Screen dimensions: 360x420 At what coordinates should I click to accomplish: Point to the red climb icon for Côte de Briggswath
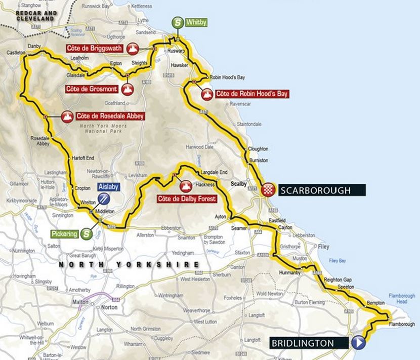pos(133,49)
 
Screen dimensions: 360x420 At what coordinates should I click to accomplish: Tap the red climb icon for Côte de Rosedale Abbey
pos(66,116)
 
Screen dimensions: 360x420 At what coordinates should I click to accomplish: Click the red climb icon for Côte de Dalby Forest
pos(186,186)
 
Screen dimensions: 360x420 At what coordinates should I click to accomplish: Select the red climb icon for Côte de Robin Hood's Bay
pos(207,94)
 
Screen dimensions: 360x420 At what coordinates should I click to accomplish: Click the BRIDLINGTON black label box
pos(309,343)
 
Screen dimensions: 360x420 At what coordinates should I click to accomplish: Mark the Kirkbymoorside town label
pos(19,201)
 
